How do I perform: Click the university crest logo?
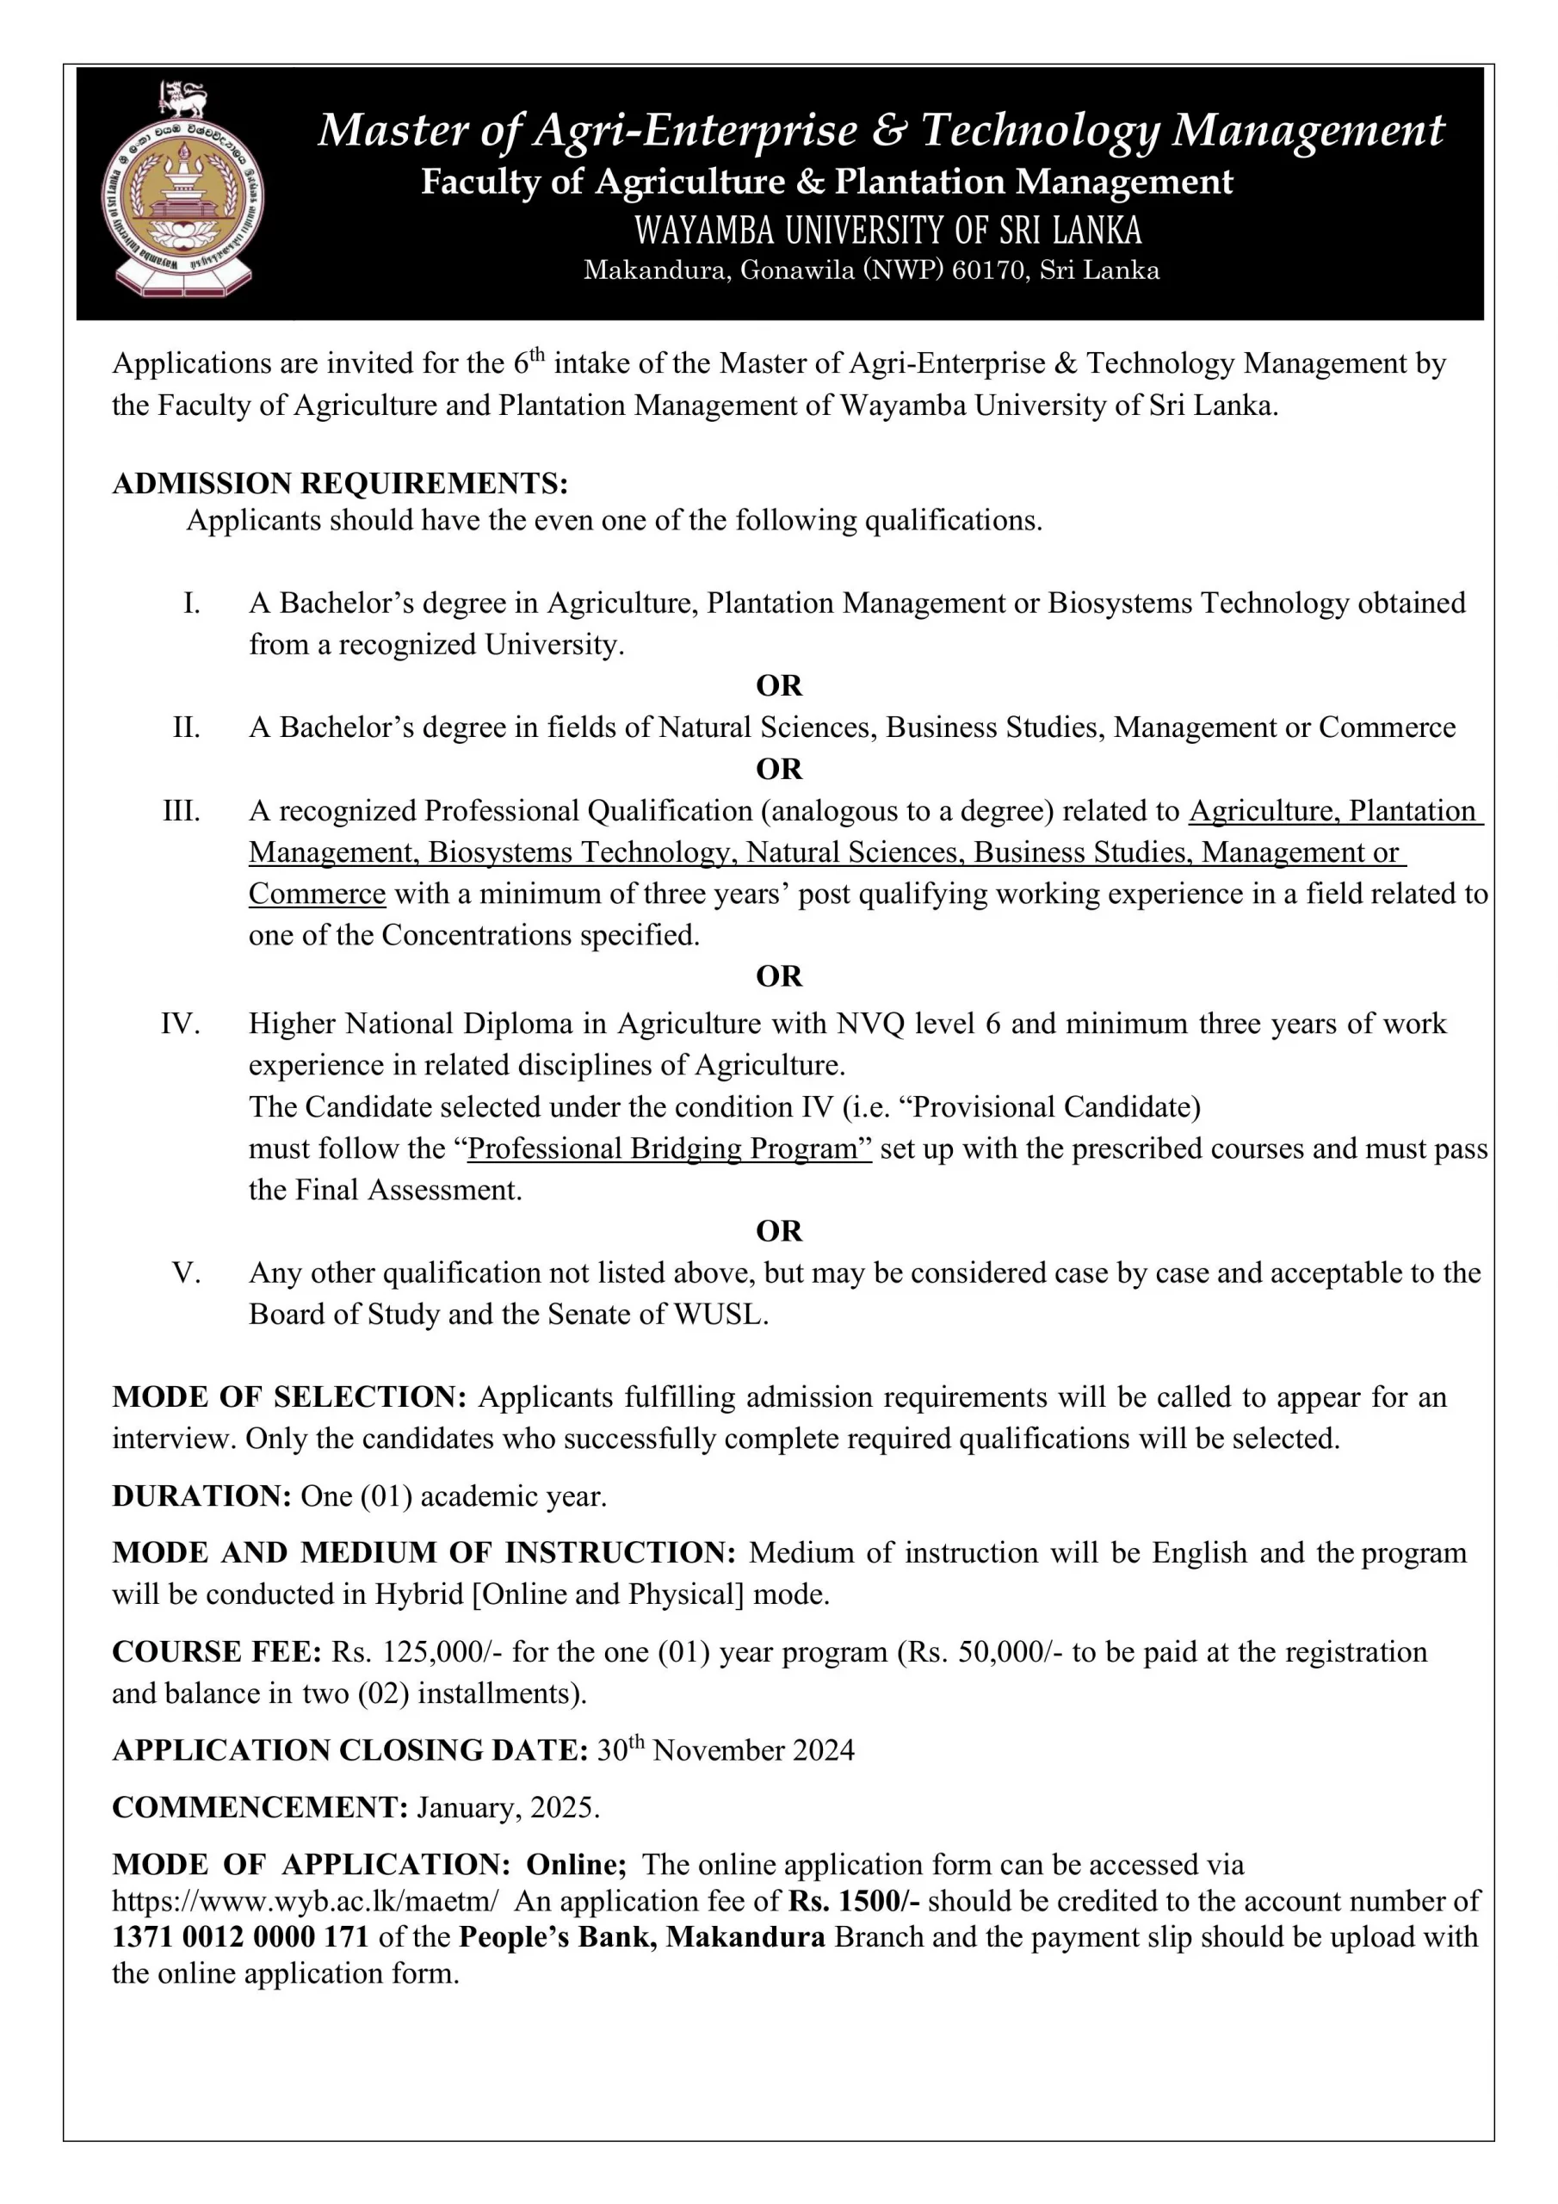[x=182, y=191]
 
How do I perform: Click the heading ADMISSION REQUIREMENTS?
[x=340, y=483]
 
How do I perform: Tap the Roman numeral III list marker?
[x=182, y=811]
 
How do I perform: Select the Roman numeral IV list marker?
[x=181, y=1024]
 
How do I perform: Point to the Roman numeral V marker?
[x=186, y=1272]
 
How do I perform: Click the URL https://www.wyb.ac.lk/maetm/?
[x=306, y=1901]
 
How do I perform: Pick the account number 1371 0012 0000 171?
[x=240, y=1937]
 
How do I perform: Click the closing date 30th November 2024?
[x=725, y=1750]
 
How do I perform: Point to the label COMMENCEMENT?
[x=260, y=1808]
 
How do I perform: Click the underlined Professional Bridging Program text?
[x=669, y=1149]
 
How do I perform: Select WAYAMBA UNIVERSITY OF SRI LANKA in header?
[x=888, y=231]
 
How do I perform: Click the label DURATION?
[x=201, y=1496]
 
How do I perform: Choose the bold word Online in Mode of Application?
[x=576, y=1864]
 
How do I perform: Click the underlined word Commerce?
[x=317, y=894]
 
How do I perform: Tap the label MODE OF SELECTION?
[x=289, y=1397]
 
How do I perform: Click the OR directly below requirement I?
[x=778, y=686]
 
